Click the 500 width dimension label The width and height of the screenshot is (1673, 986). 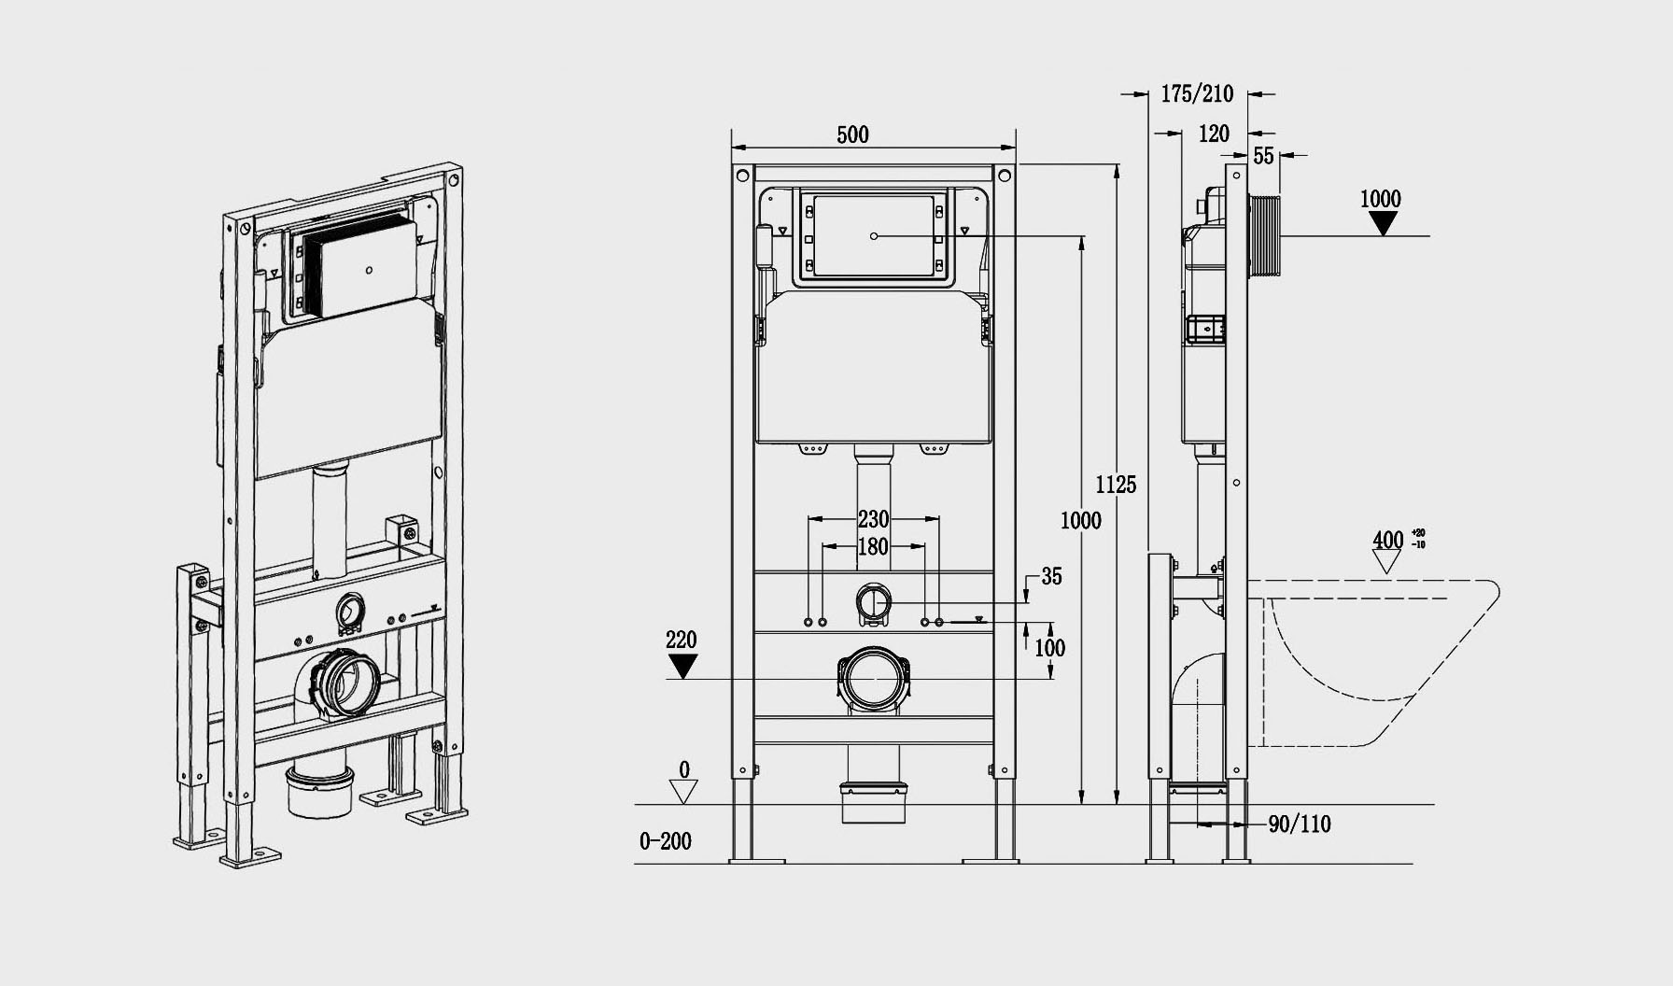pyautogui.click(x=852, y=134)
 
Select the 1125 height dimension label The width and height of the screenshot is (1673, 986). pyautogui.click(x=1116, y=485)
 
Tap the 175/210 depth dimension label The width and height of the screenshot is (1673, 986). pyautogui.click(x=1197, y=93)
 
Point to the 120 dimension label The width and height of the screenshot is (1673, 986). pyautogui.click(x=1214, y=134)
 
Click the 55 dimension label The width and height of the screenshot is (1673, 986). pyautogui.click(x=1263, y=156)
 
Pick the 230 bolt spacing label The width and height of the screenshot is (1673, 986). pyautogui.click(x=873, y=518)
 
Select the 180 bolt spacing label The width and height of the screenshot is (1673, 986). pyautogui.click(x=873, y=546)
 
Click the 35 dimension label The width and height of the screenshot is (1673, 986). pyautogui.click(x=1051, y=577)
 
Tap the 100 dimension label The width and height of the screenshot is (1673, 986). pyautogui.click(x=1050, y=647)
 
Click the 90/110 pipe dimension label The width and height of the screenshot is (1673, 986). pyautogui.click(x=1300, y=824)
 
